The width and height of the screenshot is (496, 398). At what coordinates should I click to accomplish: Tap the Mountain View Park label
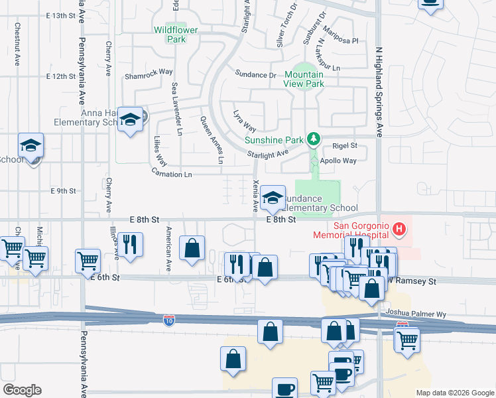click(304, 80)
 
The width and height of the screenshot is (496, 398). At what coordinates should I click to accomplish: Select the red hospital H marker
click(399, 230)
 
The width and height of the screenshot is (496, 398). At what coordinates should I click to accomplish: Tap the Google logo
click(22, 391)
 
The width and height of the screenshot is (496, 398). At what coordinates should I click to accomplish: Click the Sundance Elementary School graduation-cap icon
click(273, 198)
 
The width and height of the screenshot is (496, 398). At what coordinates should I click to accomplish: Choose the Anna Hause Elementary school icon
click(131, 119)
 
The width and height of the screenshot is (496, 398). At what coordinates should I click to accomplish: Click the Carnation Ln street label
click(172, 174)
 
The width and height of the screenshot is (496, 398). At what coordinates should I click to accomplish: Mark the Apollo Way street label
click(338, 161)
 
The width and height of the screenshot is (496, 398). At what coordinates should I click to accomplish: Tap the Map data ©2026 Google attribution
click(454, 393)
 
